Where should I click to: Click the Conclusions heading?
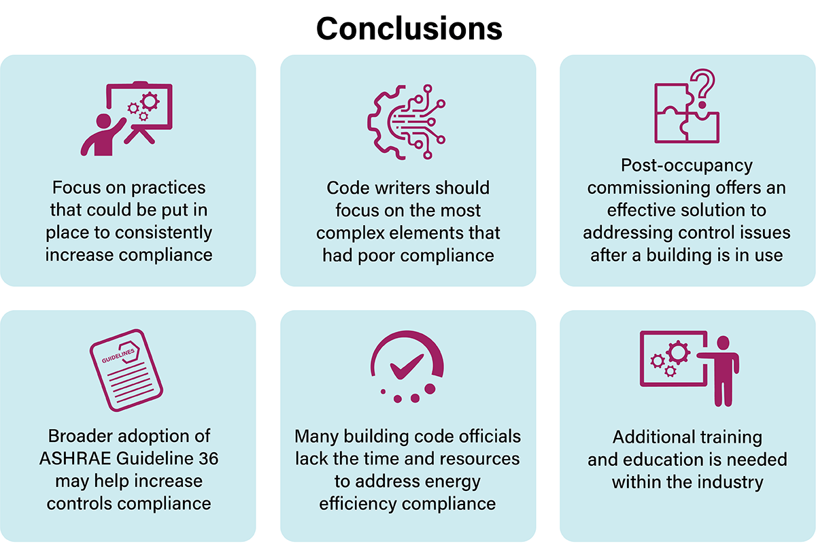pyautogui.click(x=409, y=28)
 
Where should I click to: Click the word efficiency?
pyautogui.click(x=363, y=504)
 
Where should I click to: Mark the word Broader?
pyautogui.click(x=79, y=436)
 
